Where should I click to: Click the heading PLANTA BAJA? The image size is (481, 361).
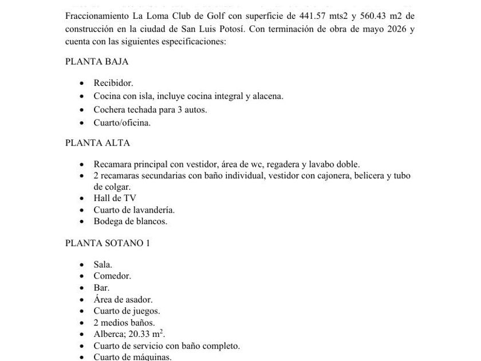[97, 61]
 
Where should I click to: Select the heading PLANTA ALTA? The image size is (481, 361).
[97, 143]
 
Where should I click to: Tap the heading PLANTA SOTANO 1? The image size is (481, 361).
[108, 243]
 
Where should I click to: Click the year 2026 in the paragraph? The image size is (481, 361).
[392, 28]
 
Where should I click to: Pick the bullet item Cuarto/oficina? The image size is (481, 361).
[122, 123]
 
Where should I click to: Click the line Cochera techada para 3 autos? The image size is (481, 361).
[150, 109]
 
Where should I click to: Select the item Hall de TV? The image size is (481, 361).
[115, 198]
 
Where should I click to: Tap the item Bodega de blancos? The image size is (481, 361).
[131, 221]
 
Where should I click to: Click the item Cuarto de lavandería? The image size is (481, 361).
[134, 210]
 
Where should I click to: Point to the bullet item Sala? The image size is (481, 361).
[103, 264]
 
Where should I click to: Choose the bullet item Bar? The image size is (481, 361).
[101, 288]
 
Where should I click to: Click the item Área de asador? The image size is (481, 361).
[123, 299]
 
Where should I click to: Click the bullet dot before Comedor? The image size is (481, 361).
[84, 276]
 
